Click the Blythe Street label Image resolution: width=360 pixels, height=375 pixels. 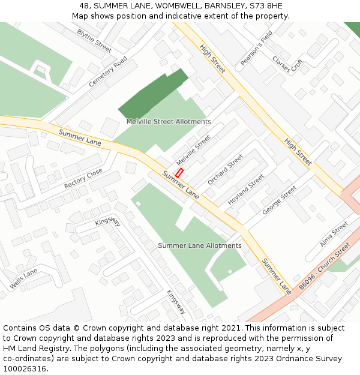pos(94,40)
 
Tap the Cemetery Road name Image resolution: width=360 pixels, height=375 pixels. pos(108,72)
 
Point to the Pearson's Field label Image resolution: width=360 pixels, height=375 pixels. pos(256,48)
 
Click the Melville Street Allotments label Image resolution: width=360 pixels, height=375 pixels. pos(169,122)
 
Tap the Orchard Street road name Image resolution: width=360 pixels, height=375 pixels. pos(226,170)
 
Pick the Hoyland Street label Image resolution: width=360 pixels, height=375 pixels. pos(246,190)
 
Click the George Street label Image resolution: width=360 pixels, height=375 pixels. pos(280,200)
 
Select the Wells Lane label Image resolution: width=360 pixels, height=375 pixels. pos(23,279)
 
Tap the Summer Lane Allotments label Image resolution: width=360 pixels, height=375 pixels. pos(200,245)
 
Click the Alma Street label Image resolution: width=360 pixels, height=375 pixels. pos(334,234)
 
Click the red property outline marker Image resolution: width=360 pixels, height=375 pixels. pos(179,172)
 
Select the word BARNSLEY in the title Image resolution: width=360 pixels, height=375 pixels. pos(223,5)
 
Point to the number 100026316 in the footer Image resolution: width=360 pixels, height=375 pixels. pos(25,369)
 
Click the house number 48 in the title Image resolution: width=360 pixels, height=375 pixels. pos(84,5)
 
